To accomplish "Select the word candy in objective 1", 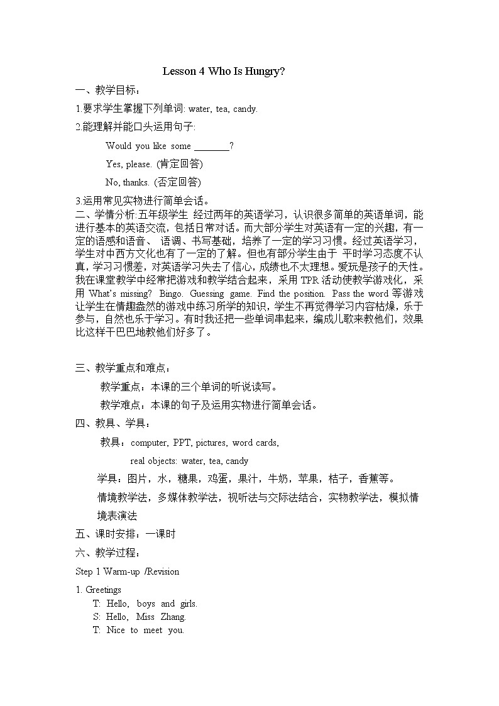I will point(245,109).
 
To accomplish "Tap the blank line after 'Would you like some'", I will point(212,146).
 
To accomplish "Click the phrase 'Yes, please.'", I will point(129,165).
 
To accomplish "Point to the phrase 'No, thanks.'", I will point(128,183).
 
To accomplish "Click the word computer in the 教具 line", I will point(149,443).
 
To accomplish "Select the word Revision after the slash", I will point(164,571).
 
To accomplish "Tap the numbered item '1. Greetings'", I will point(99,590).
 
